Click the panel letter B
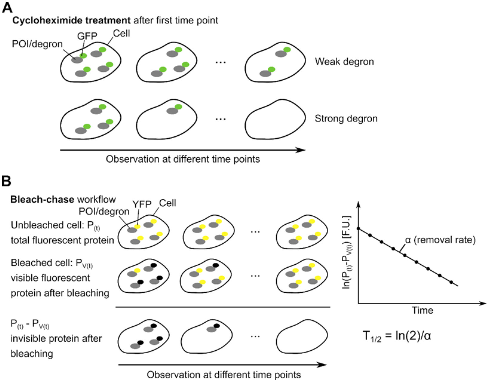[x=6, y=181]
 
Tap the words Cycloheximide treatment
[x=71, y=21]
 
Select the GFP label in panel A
[x=87, y=36]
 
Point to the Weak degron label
[x=344, y=62]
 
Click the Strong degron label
[x=346, y=119]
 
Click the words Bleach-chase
[x=42, y=200]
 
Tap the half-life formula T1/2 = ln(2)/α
[x=397, y=337]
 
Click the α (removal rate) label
[x=440, y=240]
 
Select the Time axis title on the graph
[x=423, y=310]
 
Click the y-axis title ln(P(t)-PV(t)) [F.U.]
[x=346, y=252]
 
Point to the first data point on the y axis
[x=358, y=228]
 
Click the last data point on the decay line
[x=451, y=282]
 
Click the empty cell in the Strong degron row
[x=275, y=119]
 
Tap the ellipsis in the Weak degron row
[x=220, y=62]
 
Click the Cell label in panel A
[x=122, y=33]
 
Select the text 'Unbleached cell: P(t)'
[x=56, y=225]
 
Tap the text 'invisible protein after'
[x=56, y=339]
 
